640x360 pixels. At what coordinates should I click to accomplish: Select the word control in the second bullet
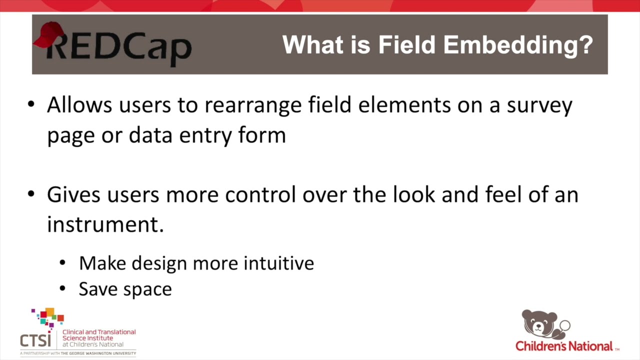tap(260, 194)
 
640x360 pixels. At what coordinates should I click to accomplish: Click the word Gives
tap(76, 194)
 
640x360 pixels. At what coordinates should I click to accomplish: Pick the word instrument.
tap(105, 224)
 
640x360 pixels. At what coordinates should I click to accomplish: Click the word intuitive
tap(278, 263)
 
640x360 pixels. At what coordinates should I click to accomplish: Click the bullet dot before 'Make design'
tap(62, 263)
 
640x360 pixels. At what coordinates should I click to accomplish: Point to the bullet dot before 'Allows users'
tap(31, 105)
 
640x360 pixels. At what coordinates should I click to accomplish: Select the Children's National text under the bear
tap(564, 346)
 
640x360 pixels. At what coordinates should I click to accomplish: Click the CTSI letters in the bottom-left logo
tap(35, 340)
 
